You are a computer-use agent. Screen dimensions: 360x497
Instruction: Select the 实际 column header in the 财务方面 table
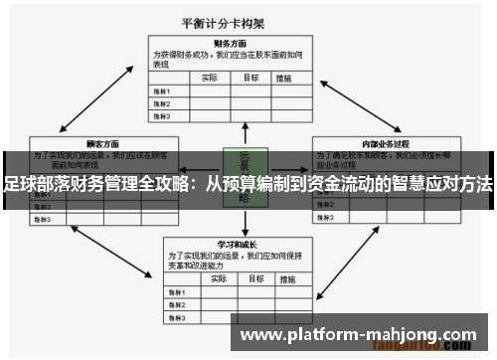(210, 77)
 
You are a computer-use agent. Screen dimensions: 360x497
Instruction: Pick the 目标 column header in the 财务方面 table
(252, 77)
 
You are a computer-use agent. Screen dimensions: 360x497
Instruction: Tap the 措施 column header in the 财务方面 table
(285, 77)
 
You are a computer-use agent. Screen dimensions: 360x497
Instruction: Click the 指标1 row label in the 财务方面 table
(162, 90)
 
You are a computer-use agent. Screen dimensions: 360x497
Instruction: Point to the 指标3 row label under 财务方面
(162, 114)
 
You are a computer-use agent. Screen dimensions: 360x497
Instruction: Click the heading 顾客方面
(76, 143)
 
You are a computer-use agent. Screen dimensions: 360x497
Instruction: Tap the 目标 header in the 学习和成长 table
(252, 279)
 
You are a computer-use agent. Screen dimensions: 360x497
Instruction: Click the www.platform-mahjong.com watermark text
(359, 334)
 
